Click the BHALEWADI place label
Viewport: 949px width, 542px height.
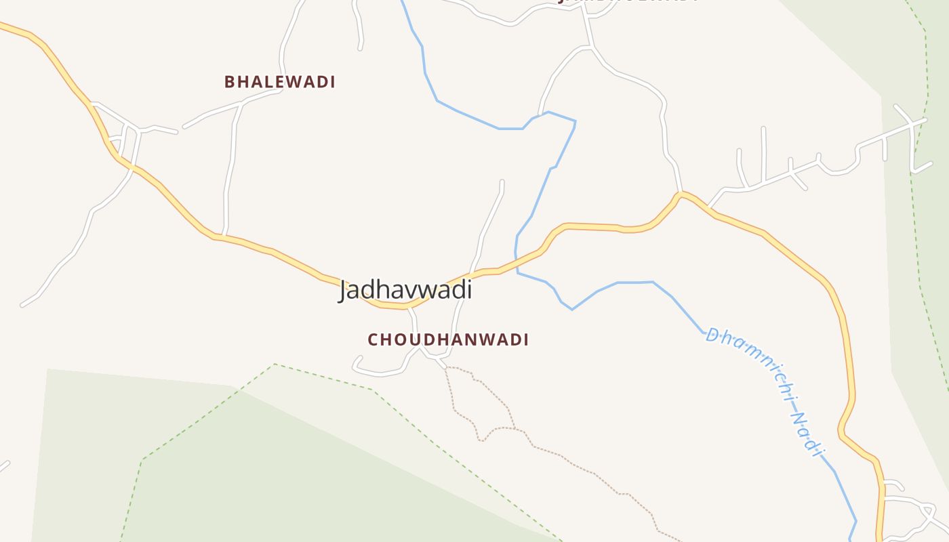point(280,82)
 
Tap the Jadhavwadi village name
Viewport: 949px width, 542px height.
point(405,290)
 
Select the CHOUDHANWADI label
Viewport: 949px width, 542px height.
point(448,339)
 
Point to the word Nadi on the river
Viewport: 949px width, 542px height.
point(807,434)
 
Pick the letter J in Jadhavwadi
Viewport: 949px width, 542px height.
point(345,291)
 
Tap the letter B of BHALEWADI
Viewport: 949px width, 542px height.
point(230,82)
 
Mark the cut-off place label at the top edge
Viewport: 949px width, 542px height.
point(627,1)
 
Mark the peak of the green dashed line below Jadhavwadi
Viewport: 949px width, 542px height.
point(275,364)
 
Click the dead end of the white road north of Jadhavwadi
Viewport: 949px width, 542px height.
point(502,181)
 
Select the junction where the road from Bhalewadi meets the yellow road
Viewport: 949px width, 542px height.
point(224,235)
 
